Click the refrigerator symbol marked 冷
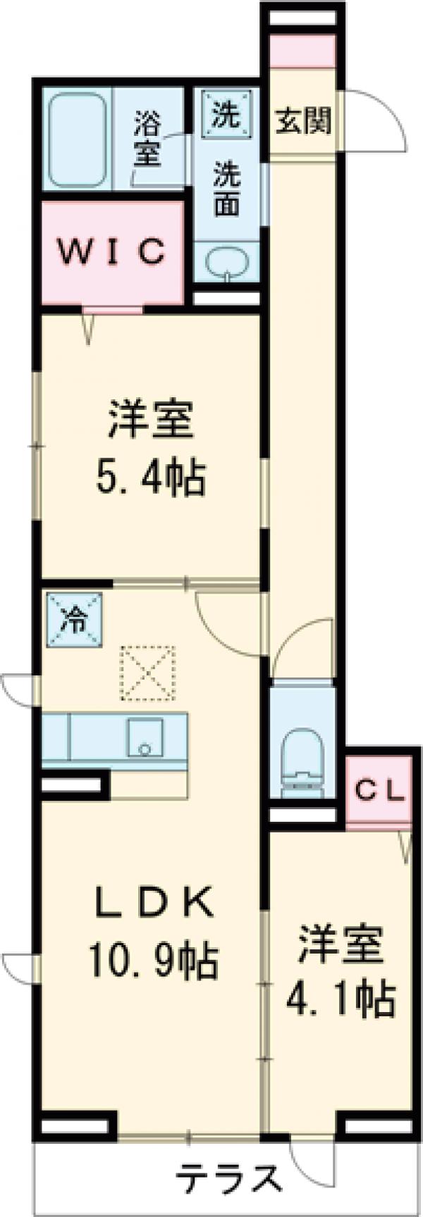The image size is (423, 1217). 74,618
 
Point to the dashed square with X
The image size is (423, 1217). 147,672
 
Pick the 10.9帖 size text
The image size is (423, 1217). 153,959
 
